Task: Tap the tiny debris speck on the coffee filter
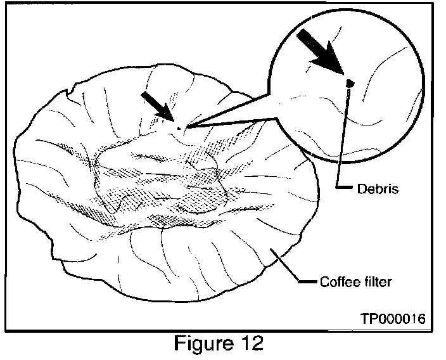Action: point(179,127)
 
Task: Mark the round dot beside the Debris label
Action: point(339,188)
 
